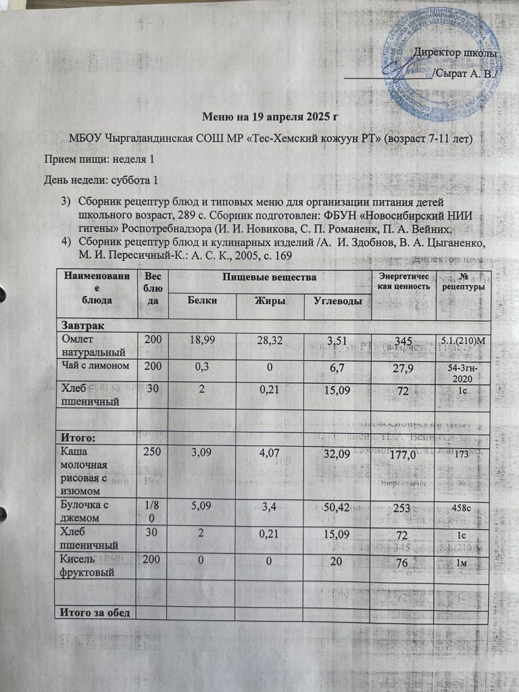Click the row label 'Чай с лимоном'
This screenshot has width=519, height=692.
point(96,366)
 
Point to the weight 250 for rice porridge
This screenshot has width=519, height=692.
point(147,451)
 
